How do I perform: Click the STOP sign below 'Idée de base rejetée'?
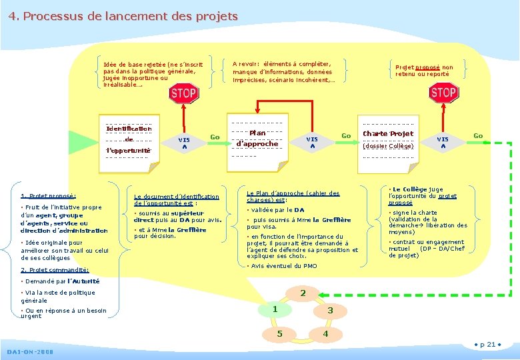[183, 93]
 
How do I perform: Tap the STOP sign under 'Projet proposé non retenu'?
[443, 93]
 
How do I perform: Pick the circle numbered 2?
[303, 293]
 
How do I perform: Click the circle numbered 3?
[329, 311]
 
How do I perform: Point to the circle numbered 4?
[325, 333]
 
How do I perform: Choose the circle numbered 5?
[280, 333]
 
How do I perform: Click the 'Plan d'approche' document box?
[257, 139]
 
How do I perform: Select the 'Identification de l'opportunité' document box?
[129, 139]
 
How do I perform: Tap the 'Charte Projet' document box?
[388, 139]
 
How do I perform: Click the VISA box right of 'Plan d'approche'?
[312, 142]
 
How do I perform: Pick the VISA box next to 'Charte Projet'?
[443, 142]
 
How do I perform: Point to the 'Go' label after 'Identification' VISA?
[215, 137]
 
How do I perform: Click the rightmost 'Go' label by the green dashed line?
[478, 136]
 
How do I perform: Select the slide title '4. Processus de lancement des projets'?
[123, 16]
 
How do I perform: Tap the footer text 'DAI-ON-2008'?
[31, 351]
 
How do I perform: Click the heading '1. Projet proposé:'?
[49, 196]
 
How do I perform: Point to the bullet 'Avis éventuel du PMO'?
[283, 265]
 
